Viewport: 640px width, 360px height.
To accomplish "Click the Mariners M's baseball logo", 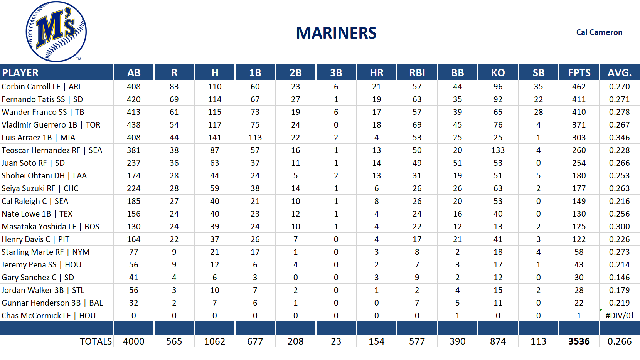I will [x=56, y=32].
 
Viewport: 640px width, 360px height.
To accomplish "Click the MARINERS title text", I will [x=336, y=33].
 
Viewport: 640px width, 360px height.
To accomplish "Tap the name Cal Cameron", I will [x=599, y=32].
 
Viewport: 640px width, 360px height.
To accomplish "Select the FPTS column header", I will [x=579, y=72].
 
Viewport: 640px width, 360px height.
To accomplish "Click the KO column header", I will [x=498, y=72].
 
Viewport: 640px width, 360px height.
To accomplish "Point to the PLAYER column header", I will [x=20, y=72].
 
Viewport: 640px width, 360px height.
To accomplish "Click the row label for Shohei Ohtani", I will [x=44, y=176].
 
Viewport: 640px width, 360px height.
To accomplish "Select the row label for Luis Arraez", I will [x=38, y=138].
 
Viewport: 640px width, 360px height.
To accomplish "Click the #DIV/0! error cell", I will [x=619, y=316].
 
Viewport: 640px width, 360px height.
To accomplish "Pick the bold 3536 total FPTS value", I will [x=579, y=341].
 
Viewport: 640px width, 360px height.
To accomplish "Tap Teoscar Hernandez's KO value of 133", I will [x=498, y=150].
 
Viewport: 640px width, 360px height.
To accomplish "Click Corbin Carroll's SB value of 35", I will [x=538, y=87].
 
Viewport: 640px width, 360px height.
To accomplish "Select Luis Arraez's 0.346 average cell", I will [x=619, y=138].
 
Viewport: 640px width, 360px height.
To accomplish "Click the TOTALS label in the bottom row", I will [x=96, y=341].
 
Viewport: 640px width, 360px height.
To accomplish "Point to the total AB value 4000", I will [x=133, y=341].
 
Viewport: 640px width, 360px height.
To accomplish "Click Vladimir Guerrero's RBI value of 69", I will [x=417, y=125].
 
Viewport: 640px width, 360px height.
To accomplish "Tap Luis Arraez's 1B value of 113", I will [x=255, y=138].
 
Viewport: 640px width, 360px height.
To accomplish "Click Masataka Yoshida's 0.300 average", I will [x=619, y=227].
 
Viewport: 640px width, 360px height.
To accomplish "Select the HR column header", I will [x=376, y=72].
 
